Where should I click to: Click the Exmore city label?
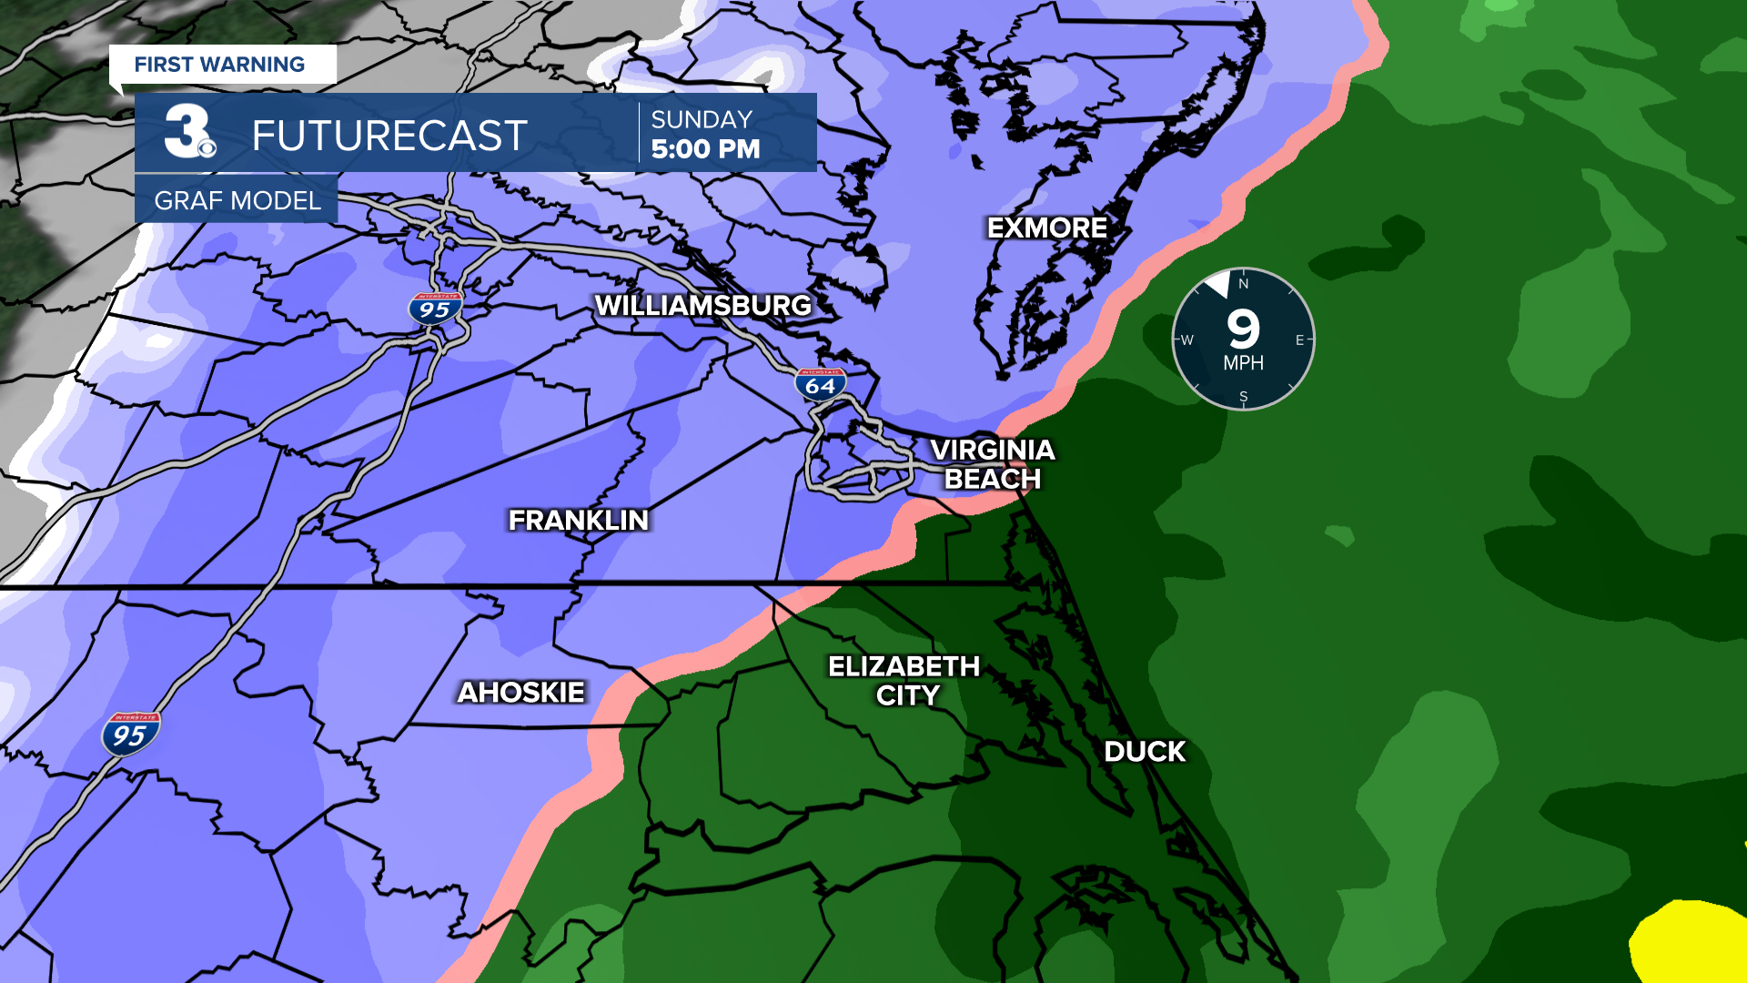pos(1046,228)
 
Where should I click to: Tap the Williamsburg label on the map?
pos(702,305)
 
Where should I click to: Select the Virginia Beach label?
pos(992,464)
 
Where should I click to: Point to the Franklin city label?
pos(579,520)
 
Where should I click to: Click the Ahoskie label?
pos(520,693)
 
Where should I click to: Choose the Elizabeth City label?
pos(904,681)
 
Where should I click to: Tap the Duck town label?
pos(1145,752)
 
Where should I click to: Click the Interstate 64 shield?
pos(820,384)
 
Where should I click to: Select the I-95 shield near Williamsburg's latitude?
pos(435,309)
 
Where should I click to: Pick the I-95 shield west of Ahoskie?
pos(130,734)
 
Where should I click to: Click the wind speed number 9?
pos(1243,329)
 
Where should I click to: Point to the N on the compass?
pos(1243,284)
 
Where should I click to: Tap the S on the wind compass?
pos(1243,397)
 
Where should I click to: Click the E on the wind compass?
pos(1299,340)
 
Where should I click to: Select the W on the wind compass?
pos(1187,340)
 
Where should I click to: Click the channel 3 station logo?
pos(189,133)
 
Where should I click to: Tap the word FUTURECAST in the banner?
pos(389,137)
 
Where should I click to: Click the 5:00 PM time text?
pos(705,149)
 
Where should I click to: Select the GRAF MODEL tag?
pos(237,200)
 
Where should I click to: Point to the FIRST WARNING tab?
pos(220,65)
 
